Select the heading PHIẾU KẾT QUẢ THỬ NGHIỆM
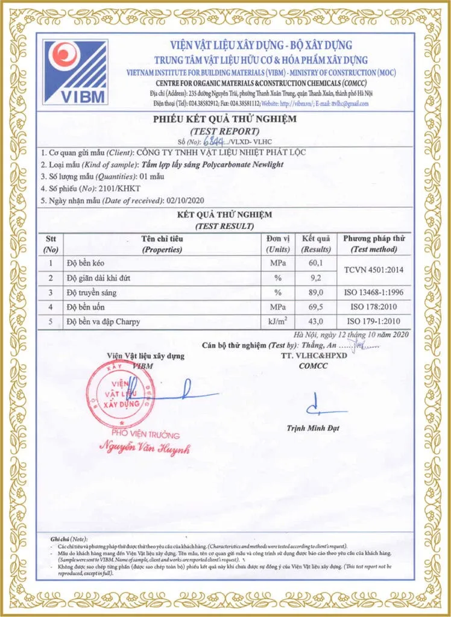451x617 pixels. (x=224, y=119)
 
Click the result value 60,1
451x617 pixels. (x=315, y=263)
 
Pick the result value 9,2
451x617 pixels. (x=315, y=278)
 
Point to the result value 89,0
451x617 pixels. (x=315, y=292)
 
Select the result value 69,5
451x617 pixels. (x=315, y=307)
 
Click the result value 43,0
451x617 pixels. (x=315, y=321)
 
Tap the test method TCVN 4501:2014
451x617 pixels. (x=374, y=271)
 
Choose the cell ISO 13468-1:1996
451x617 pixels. (x=374, y=292)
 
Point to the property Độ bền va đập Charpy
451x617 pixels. (x=103, y=322)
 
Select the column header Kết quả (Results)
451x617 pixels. (x=316, y=244)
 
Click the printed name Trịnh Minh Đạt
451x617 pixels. (x=313, y=428)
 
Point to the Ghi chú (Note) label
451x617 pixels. (x=69, y=538)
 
